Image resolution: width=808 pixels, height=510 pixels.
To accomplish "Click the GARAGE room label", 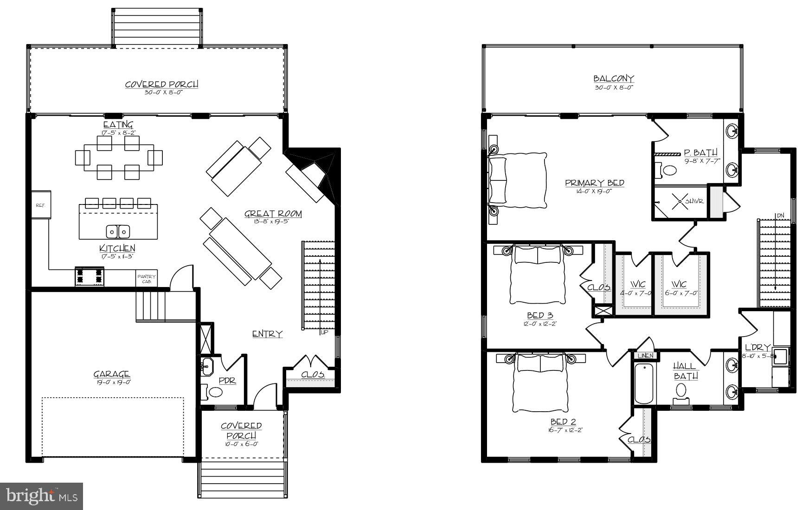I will [x=112, y=374].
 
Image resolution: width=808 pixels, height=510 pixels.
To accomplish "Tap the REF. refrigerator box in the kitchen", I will [x=41, y=204].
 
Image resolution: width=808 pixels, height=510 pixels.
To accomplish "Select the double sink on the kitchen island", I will [x=118, y=231].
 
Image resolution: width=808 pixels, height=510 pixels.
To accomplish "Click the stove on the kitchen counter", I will [x=89, y=276].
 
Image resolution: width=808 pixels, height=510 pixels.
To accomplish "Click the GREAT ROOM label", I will [x=273, y=214].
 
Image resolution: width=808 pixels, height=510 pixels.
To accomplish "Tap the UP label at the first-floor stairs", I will [x=324, y=332].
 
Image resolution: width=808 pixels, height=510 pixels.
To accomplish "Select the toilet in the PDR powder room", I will [x=216, y=392].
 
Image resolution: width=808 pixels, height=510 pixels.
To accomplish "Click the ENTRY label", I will [x=267, y=334].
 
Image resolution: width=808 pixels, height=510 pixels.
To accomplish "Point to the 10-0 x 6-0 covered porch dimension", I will [x=241, y=444].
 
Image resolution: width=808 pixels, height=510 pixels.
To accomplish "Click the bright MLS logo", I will [x=41, y=497].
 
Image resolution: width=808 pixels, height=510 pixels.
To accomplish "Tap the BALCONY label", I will [x=614, y=79].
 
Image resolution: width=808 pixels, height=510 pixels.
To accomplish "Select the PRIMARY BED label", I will [x=595, y=183].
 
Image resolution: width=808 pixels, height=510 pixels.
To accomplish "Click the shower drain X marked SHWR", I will [x=680, y=201].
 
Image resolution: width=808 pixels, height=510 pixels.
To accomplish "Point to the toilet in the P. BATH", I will [x=668, y=170].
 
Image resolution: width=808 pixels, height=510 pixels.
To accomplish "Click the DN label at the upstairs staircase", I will [x=781, y=216].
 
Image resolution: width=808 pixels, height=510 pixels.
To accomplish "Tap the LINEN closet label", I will [x=645, y=356].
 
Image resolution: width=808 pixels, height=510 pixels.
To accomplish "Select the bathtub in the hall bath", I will [x=644, y=383].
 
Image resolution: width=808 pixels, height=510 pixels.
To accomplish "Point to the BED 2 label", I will [x=563, y=422].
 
